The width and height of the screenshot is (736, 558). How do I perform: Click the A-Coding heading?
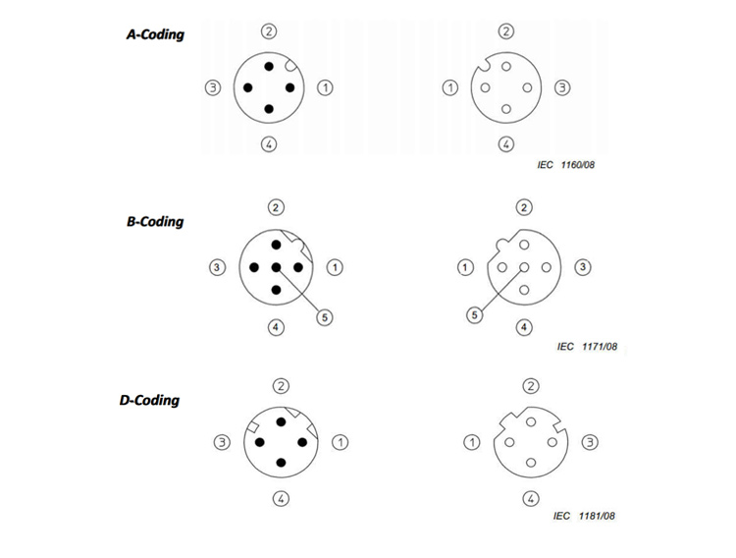click(x=155, y=34)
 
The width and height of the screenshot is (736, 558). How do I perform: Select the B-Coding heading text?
click(x=155, y=221)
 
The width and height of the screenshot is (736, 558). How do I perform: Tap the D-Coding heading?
click(x=150, y=400)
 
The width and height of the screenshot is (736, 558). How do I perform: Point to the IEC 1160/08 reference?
click(x=565, y=164)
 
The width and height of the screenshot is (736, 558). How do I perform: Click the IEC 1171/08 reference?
click(x=587, y=347)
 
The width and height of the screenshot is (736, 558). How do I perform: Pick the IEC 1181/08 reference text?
click(x=584, y=516)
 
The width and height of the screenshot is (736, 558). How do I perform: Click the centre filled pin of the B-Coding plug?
click(x=276, y=267)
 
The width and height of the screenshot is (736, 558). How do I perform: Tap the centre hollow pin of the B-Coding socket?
click(x=524, y=267)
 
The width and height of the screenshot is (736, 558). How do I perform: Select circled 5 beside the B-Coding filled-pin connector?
click(x=325, y=317)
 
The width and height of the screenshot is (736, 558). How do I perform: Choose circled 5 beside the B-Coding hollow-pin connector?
click(x=475, y=314)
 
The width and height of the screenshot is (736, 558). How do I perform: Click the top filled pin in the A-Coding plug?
click(x=269, y=66)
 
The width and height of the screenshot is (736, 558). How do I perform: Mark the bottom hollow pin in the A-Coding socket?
click(x=506, y=109)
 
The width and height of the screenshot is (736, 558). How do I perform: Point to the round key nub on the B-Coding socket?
click(x=502, y=244)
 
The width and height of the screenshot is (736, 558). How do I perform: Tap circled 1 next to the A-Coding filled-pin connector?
click(x=325, y=87)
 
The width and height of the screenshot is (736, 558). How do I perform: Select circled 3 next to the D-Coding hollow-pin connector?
click(x=590, y=442)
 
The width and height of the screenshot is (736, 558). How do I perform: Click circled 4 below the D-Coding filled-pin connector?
click(x=282, y=498)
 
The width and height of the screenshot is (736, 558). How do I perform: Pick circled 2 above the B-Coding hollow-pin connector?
click(x=524, y=207)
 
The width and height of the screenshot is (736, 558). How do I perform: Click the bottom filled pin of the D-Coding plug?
click(x=282, y=463)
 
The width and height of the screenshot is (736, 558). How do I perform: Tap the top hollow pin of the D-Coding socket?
click(x=531, y=422)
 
